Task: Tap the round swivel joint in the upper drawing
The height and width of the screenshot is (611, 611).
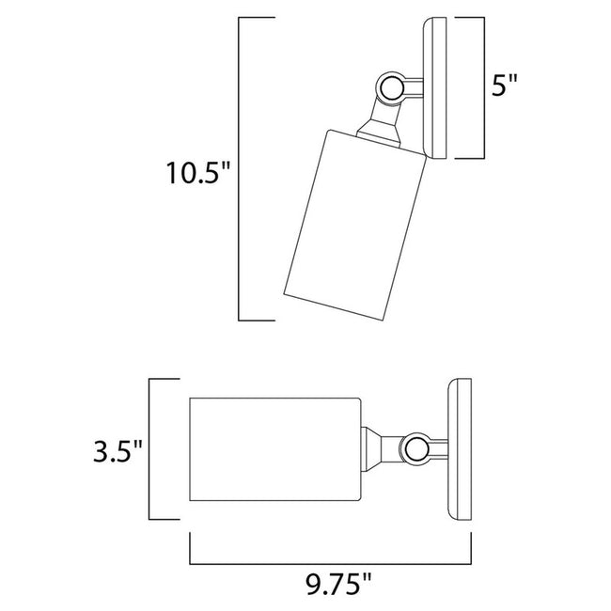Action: [x=390, y=90]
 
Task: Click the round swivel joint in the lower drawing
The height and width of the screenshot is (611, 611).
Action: [x=414, y=447]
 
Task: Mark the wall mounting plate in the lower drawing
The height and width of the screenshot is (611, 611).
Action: [x=460, y=450]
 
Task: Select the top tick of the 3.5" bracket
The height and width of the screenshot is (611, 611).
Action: [x=162, y=380]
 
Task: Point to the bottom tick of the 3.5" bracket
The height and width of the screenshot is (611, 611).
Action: [x=162, y=520]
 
